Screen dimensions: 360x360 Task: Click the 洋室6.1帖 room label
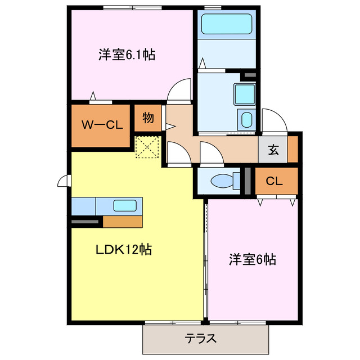(x=127, y=55)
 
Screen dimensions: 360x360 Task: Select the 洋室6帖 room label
(x=251, y=260)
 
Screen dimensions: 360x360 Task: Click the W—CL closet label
(x=102, y=125)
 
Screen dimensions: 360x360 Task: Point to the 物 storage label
(x=148, y=118)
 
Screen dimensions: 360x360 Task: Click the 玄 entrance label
(x=273, y=150)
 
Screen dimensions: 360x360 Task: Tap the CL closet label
(x=274, y=181)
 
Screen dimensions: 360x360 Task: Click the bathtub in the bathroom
(x=227, y=25)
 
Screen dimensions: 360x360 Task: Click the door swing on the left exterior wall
(x=64, y=181)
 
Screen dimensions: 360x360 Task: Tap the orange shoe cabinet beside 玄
(x=292, y=150)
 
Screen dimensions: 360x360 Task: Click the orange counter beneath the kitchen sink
(x=123, y=221)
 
